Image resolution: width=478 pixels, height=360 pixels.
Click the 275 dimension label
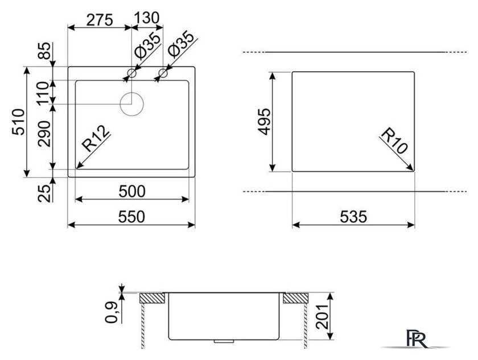(100, 20)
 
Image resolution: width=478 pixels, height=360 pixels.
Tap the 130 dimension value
(147, 18)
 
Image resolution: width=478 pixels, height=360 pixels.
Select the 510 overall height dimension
(18, 122)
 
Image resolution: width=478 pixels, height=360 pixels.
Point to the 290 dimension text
(44, 134)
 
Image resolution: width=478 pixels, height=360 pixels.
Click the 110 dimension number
(43, 93)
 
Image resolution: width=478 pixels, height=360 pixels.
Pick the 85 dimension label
(44, 51)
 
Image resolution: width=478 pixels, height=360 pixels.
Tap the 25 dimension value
(44, 193)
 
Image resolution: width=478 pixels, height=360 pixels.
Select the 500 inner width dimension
(132, 192)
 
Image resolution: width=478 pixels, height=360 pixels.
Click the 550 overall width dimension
(131, 217)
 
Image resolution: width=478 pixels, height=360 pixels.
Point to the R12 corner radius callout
(96, 139)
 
